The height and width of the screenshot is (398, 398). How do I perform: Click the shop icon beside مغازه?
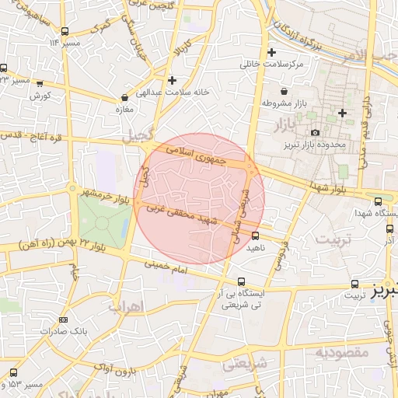pos(125,98)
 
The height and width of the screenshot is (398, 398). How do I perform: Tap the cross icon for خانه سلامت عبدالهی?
pos(172,80)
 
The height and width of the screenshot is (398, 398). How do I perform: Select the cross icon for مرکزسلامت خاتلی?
pos(271,53)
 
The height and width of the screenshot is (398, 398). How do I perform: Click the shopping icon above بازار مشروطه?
pos(283,92)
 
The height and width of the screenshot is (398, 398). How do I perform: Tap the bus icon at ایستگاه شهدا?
pos(378,201)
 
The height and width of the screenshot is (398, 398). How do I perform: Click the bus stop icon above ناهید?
pos(255,236)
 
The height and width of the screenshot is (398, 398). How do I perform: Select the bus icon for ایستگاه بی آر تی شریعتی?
pos(241,281)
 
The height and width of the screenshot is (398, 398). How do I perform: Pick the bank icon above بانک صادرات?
pos(63,319)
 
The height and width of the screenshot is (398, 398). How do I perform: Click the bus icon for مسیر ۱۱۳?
pos(65,32)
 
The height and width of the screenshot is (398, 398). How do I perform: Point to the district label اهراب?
pos(125,305)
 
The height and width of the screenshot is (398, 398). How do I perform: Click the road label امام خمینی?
pos(166,269)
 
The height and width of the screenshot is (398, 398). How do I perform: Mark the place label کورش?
pos(40,96)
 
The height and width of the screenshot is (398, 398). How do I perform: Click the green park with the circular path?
pos(103,222)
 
